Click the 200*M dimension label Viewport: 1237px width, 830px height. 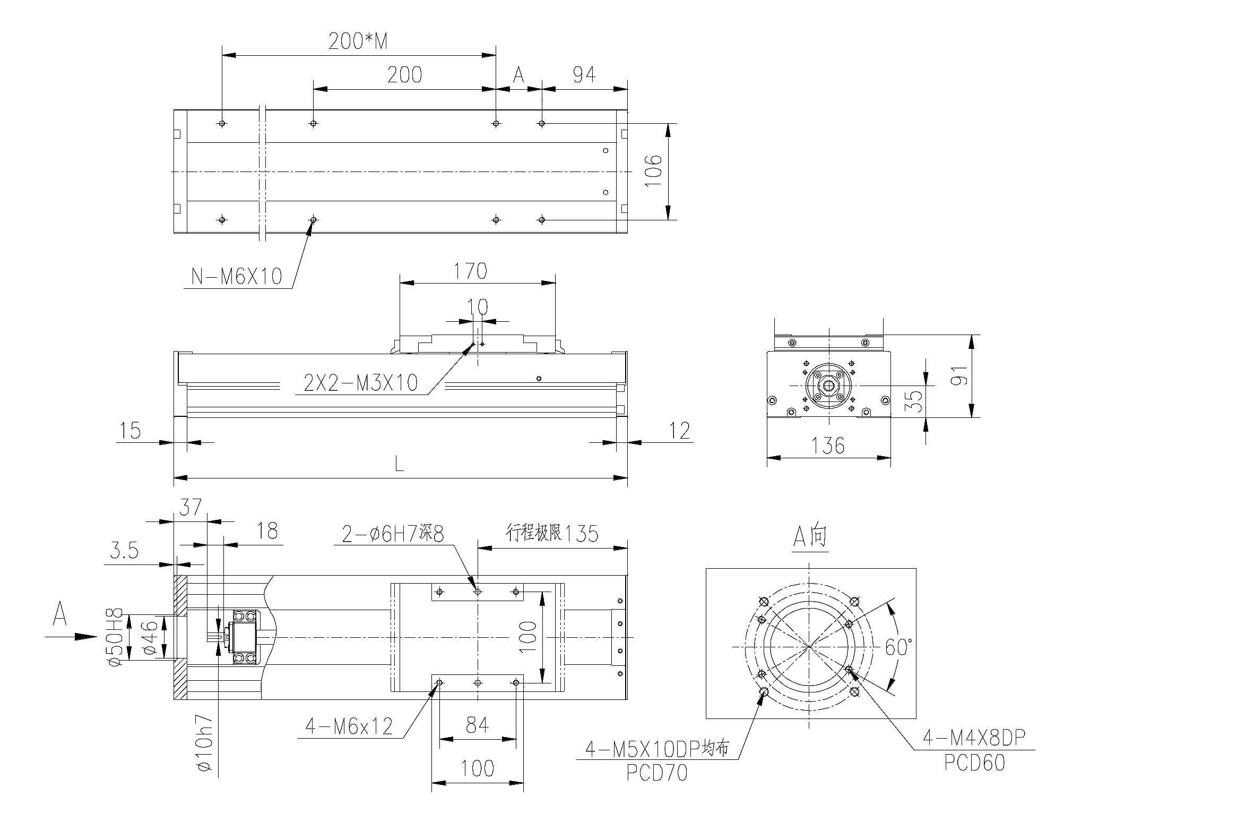coord(358,41)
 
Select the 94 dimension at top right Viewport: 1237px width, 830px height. coord(584,75)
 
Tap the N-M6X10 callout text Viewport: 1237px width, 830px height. coord(237,276)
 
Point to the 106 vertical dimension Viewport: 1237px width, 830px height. coord(654,170)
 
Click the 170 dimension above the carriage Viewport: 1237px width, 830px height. coord(470,271)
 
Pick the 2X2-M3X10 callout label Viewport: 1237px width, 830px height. coord(361,383)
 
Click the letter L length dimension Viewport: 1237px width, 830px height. coord(399,465)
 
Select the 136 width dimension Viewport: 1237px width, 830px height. coord(828,446)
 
